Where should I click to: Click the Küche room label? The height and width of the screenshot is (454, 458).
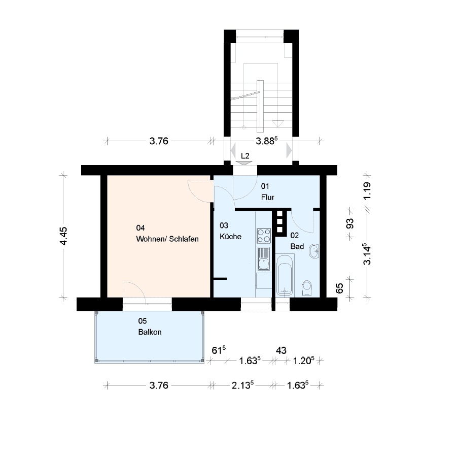[230, 236]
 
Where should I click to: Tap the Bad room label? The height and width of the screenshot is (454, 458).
[297, 246]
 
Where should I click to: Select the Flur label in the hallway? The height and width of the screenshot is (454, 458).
[268, 197]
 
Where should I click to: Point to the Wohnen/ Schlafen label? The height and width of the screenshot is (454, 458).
[167, 239]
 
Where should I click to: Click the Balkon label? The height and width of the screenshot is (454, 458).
[150, 332]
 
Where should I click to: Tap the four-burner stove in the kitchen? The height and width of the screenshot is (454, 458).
[263, 236]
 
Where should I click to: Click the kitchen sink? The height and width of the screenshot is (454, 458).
[263, 258]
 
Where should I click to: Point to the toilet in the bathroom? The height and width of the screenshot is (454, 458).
[307, 288]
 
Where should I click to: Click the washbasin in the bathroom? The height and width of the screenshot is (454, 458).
[314, 251]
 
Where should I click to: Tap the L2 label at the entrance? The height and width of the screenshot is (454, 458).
[245, 156]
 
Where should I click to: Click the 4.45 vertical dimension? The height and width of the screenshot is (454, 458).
[63, 236]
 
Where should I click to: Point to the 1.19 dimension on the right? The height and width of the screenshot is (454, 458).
[367, 191]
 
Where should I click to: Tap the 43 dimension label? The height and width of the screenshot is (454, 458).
[281, 350]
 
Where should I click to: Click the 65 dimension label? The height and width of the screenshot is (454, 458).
[339, 288]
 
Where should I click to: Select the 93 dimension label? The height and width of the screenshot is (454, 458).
[349, 224]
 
